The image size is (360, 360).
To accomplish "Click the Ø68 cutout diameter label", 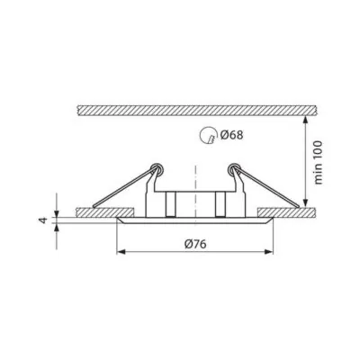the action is click(x=231, y=135).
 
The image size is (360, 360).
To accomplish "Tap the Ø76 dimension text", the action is click(x=195, y=245).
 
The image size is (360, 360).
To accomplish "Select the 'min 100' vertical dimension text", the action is click(x=318, y=162).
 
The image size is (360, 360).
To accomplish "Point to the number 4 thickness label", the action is click(x=44, y=220).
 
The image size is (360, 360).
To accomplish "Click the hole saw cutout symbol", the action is click(x=208, y=135).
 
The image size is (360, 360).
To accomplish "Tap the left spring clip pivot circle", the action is click(x=157, y=169).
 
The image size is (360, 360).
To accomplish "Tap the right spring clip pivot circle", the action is click(x=233, y=169).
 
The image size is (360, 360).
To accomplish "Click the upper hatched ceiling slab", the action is click(x=196, y=111).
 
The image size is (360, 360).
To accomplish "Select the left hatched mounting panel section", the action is click(x=105, y=212).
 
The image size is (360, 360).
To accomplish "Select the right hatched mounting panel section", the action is click(x=287, y=212).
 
